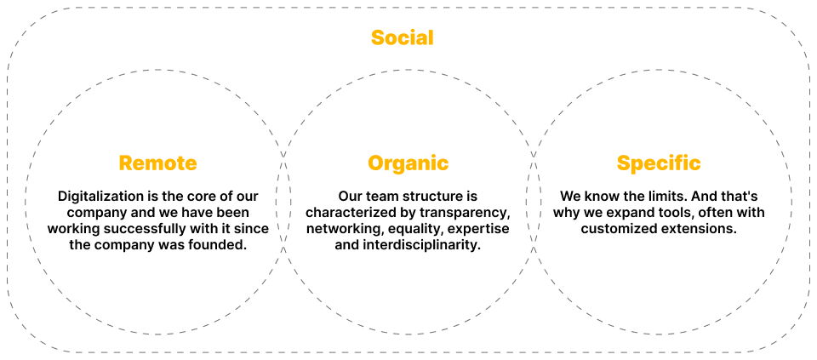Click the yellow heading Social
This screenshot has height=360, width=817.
[x=403, y=38]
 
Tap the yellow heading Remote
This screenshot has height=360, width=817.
[x=158, y=163]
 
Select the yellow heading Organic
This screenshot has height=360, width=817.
[x=408, y=163]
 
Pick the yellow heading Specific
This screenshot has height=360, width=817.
[x=659, y=163]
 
